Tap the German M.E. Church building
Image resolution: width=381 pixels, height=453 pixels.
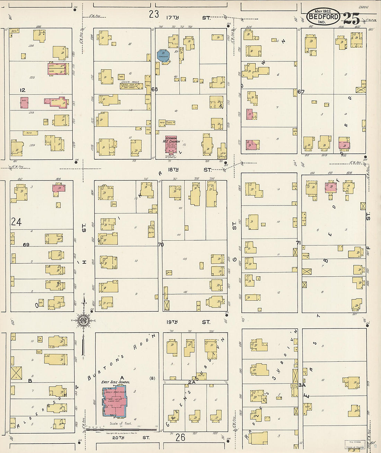click(x=171, y=144)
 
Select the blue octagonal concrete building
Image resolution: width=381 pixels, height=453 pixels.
click(x=163, y=56)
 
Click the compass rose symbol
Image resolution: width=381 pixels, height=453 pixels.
click(x=83, y=320)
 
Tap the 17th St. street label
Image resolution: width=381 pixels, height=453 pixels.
click(x=189, y=17)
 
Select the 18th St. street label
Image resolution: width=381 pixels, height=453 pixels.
click(x=189, y=169)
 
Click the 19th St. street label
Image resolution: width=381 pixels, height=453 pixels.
click(x=189, y=322)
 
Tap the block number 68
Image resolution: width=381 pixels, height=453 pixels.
click(x=154, y=89)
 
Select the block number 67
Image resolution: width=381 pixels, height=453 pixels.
click(x=301, y=92)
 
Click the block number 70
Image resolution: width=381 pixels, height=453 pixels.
click(x=160, y=245)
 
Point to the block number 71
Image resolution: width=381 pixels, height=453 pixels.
click(x=298, y=242)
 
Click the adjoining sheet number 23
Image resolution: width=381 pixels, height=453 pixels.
click(x=154, y=14)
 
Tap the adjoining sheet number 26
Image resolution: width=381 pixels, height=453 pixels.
click(x=180, y=437)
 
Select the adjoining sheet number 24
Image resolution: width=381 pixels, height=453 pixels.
click(x=16, y=221)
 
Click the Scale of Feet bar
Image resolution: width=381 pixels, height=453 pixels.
click(x=121, y=429)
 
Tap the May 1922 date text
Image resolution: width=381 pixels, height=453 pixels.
click(x=323, y=11)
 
